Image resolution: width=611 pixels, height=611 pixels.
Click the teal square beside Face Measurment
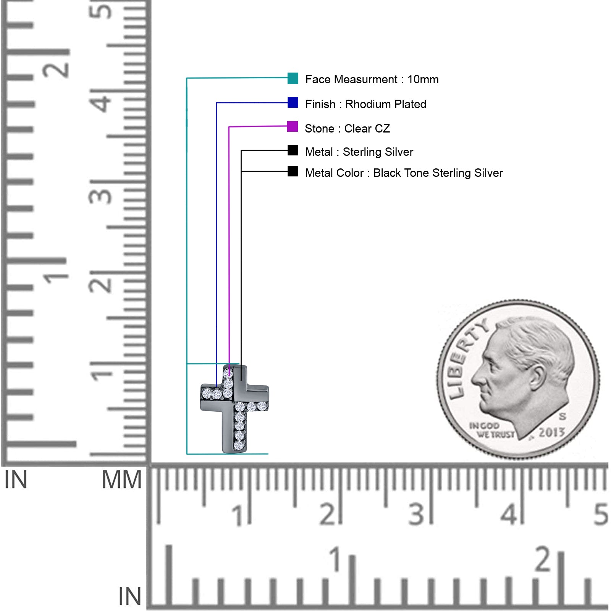[293, 78]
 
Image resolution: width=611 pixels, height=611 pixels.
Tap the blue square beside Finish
[293, 102]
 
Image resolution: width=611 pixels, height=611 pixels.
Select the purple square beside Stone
[293, 126]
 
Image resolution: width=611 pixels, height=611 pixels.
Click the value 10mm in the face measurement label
[423, 79]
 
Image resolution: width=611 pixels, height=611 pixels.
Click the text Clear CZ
[367, 128]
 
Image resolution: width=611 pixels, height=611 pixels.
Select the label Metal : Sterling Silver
[359, 152]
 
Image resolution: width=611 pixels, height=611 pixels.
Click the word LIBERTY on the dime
[467, 359]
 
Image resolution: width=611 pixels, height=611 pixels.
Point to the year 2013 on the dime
[551, 432]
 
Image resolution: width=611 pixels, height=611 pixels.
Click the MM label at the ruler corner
[121, 480]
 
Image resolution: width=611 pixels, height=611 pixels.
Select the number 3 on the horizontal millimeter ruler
[416, 514]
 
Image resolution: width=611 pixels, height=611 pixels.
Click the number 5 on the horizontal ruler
[601, 514]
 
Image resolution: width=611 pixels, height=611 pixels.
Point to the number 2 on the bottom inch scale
[543, 559]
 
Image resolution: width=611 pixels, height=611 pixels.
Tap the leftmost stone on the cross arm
[207, 393]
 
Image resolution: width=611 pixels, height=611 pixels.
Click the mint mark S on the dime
[562, 416]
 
